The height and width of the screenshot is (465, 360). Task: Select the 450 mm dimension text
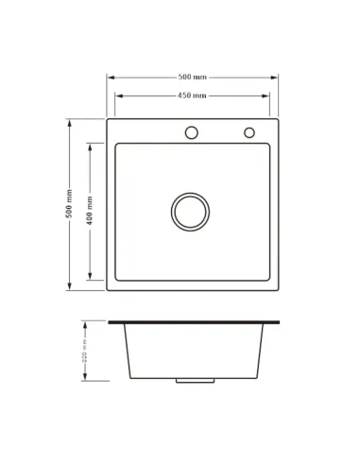click(x=193, y=95)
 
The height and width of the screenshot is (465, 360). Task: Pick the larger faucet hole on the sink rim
click(x=192, y=132)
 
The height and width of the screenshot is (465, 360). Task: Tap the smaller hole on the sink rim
click(x=249, y=132)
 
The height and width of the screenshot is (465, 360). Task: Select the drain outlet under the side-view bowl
click(x=193, y=382)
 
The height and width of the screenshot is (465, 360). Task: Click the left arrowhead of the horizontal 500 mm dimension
click(x=109, y=77)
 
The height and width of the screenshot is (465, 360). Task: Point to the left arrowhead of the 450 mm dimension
click(x=118, y=95)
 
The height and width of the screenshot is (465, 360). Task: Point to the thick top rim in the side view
click(x=193, y=323)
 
